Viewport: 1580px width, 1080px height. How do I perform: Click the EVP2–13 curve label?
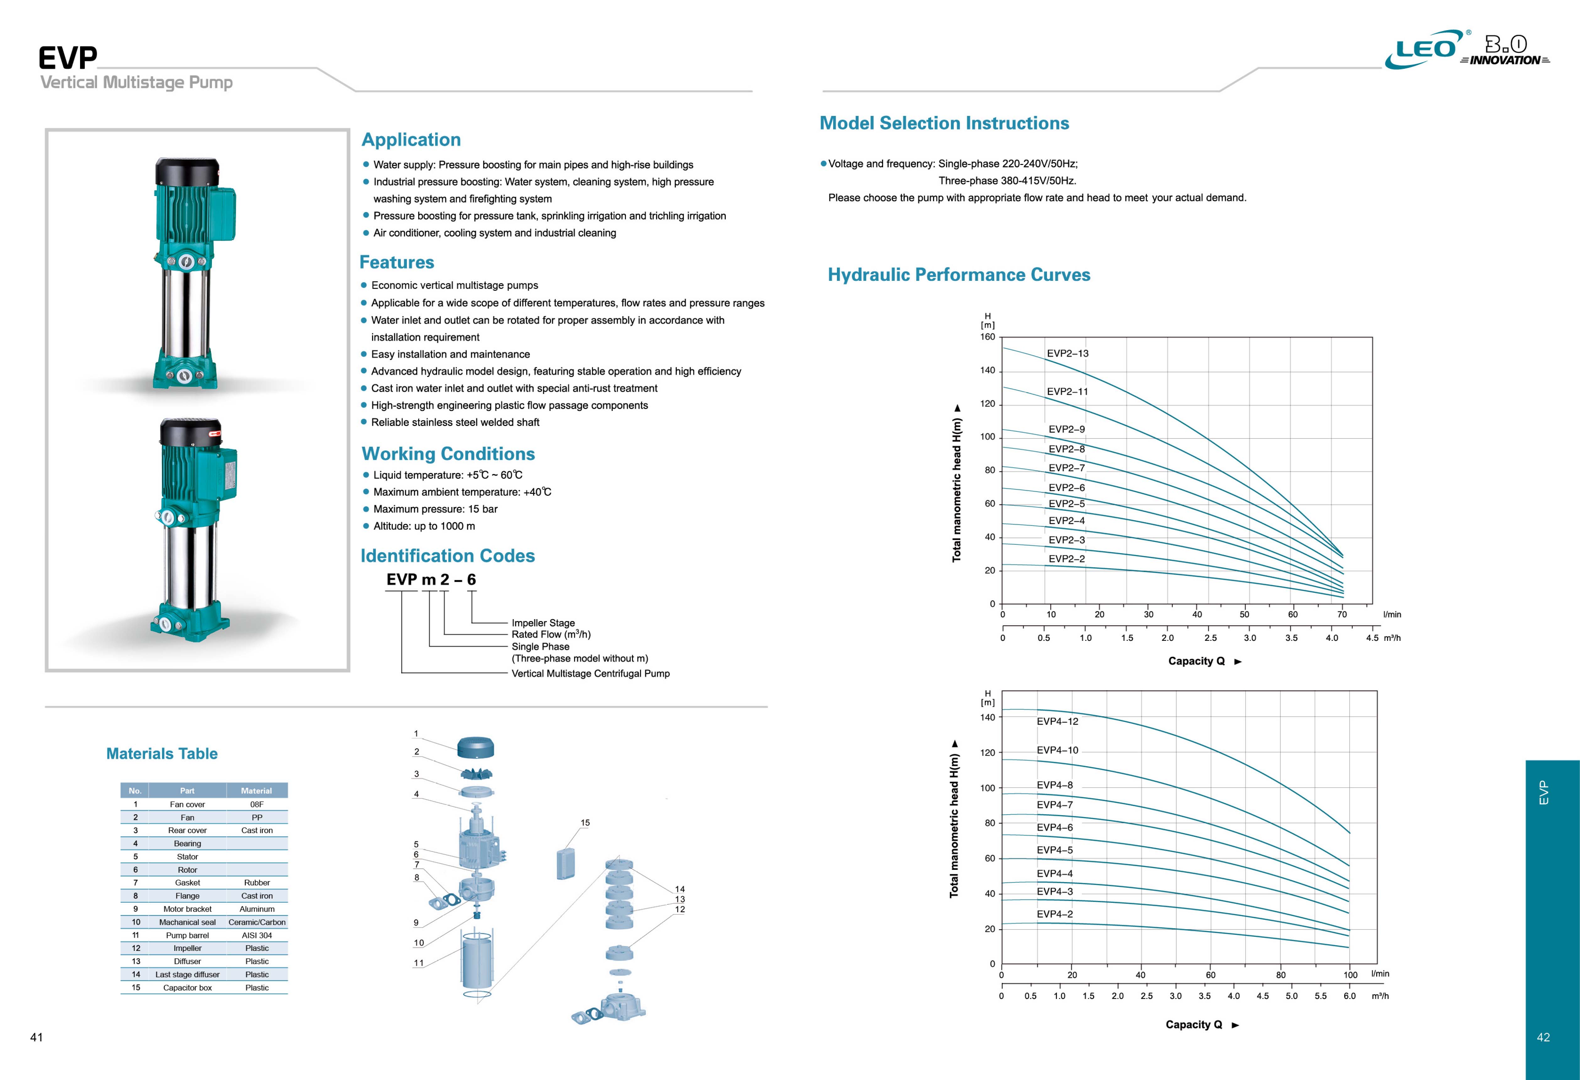1067,354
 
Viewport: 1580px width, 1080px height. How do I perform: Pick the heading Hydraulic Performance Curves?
959,275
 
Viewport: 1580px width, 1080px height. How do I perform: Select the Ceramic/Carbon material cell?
257,922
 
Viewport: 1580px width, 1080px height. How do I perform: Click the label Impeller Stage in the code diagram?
543,623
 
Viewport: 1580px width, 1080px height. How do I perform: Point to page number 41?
37,1037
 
